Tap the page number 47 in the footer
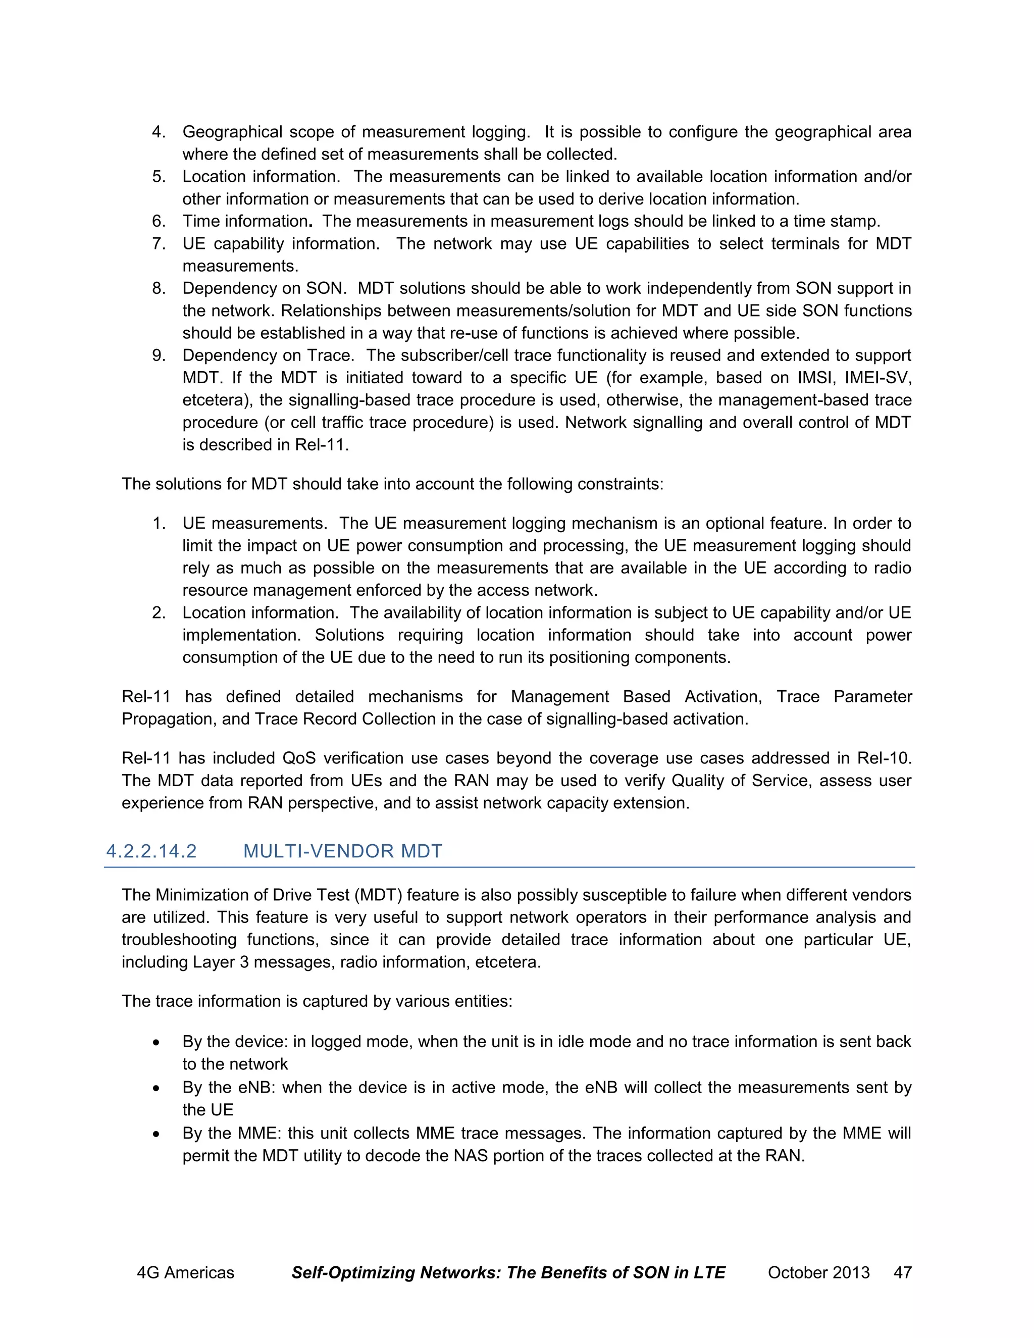click(902, 1272)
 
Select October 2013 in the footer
click(818, 1272)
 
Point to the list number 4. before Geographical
click(159, 132)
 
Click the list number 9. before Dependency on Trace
click(159, 355)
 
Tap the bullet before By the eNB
click(157, 1089)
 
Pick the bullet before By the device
click(157, 1043)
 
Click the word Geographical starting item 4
click(232, 132)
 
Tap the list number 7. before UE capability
click(159, 244)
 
